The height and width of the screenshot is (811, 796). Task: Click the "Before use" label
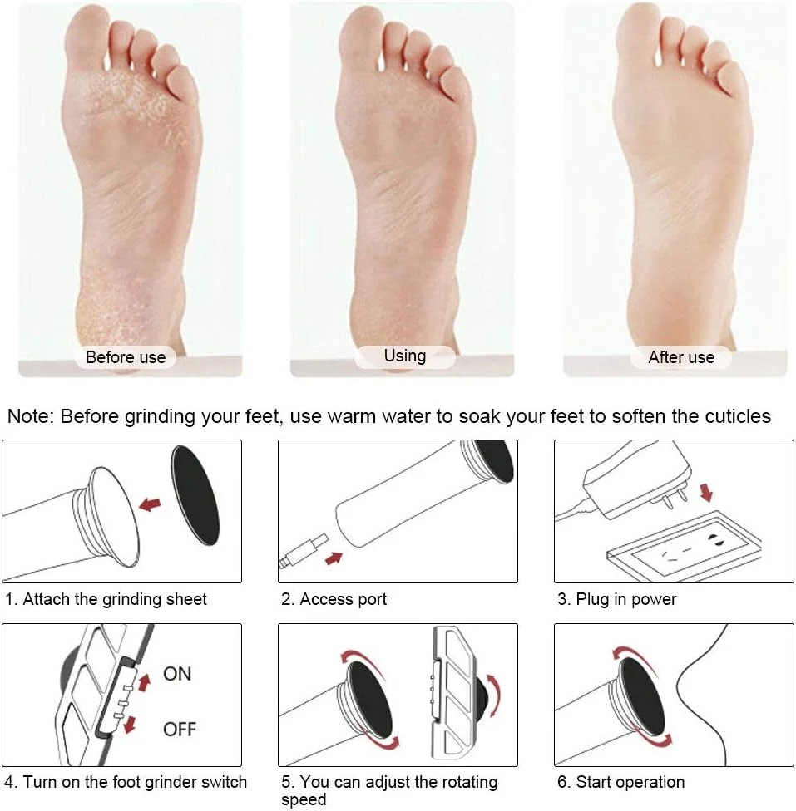point(126,358)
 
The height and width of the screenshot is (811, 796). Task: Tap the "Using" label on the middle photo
point(405,356)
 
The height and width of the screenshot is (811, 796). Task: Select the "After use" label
point(681,358)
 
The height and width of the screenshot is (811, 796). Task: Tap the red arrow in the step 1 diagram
point(150,504)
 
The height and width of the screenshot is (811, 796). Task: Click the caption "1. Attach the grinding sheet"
point(106,599)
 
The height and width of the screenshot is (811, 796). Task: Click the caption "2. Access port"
point(334,599)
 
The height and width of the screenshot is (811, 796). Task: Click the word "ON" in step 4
point(177,673)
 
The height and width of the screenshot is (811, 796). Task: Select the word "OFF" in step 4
point(179,730)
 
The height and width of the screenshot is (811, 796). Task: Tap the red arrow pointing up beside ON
point(144,683)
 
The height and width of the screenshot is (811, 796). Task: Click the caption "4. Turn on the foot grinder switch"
point(126,782)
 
